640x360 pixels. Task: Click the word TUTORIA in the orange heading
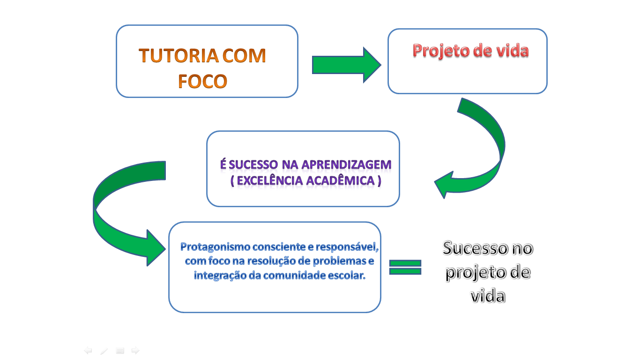pos(179,55)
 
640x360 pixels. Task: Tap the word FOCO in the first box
pos(202,81)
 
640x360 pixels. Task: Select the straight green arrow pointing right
pos(346,65)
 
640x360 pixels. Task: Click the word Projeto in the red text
pos(441,51)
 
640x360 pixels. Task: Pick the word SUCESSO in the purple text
pos(253,165)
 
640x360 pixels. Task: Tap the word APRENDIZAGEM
pos(346,165)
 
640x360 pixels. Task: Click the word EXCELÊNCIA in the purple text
pos(270,181)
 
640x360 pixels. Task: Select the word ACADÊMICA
pos(340,181)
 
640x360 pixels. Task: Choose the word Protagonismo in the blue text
pos(215,247)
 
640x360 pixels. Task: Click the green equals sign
pos(405,267)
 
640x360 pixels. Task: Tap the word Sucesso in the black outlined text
pos(475,248)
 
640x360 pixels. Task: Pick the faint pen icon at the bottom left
pos(104,351)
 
